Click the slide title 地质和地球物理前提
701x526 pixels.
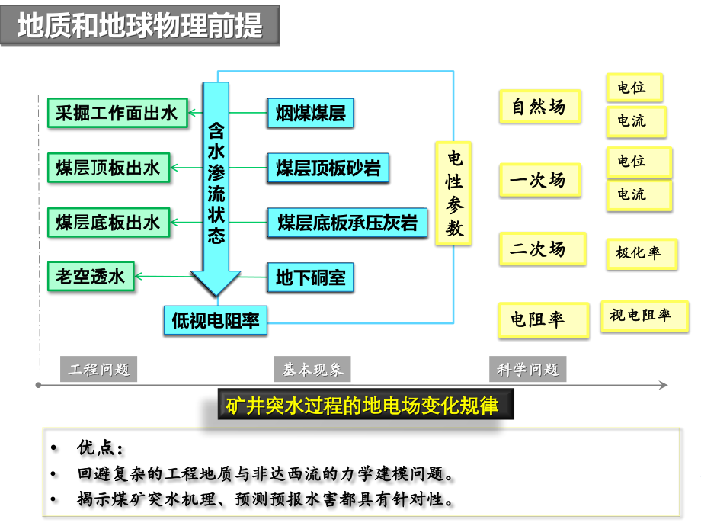(140, 25)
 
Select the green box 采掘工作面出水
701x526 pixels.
(117, 113)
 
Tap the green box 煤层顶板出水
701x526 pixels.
(109, 168)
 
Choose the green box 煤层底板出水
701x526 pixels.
(109, 223)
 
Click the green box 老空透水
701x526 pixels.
(91, 277)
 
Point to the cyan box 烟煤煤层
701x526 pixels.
(310, 113)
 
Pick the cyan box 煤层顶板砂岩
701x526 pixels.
(328, 168)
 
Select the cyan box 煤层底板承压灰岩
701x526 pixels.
(347, 223)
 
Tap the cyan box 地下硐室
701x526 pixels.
(310, 277)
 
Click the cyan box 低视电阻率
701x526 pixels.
(216, 320)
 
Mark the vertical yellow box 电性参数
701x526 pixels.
(453, 193)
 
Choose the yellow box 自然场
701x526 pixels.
(540, 107)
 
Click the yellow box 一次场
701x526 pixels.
(540, 180)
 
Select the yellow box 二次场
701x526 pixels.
(543, 249)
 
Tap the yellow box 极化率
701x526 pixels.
(642, 254)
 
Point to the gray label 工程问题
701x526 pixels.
(99, 369)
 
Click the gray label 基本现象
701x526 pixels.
(312, 369)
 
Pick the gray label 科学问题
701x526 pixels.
(527, 369)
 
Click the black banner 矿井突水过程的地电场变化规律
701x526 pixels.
(366, 404)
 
